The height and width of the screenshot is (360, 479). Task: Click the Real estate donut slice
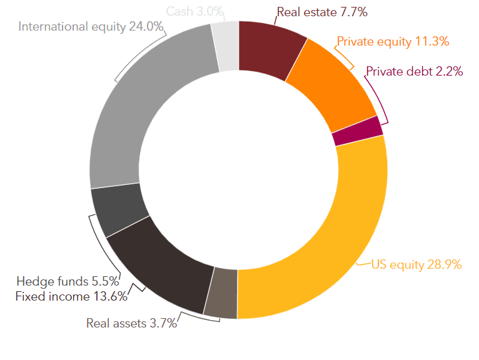point(268,49)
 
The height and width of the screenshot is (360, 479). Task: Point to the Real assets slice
point(221,294)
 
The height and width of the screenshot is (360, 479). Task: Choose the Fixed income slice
point(162,262)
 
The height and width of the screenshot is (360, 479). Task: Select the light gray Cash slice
point(226,46)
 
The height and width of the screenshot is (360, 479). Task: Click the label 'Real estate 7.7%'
point(322,12)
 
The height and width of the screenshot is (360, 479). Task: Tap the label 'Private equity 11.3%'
point(393,42)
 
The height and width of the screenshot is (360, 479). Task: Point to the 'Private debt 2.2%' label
point(415,71)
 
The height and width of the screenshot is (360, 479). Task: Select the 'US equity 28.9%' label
point(416,265)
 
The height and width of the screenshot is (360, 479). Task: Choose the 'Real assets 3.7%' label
point(132,323)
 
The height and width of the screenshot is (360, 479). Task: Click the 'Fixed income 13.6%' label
point(71,296)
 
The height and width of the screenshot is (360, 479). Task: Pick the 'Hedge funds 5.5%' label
point(68,281)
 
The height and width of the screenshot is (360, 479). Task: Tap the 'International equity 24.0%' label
point(91,27)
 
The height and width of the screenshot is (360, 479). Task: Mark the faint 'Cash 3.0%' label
point(195,12)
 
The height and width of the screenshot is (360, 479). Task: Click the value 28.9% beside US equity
point(445,264)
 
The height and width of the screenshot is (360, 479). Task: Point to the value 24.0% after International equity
point(146,26)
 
